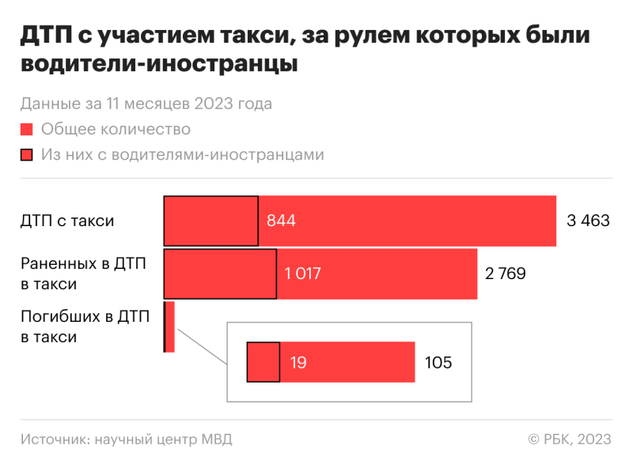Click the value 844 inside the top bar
[x=282, y=221]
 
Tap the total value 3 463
[x=588, y=221]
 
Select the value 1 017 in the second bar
[x=302, y=274]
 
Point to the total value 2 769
[x=506, y=274]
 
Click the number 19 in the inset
[x=298, y=363]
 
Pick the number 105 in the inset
[x=438, y=363]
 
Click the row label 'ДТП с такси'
[x=67, y=221]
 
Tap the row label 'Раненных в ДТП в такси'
[x=83, y=274]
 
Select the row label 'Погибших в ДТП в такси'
[x=83, y=326]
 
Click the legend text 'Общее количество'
[x=116, y=129]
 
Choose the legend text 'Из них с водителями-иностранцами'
[x=183, y=155]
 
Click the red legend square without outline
[x=26, y=129]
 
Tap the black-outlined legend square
[x=26, y=155]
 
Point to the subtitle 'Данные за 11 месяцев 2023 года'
[x=146, y=104]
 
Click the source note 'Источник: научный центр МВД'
[x=127, y=440]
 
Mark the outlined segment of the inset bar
[x=263, y=363]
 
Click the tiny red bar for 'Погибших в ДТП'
[x=170, y=326]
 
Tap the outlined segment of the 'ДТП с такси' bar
[x=210, y=221]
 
